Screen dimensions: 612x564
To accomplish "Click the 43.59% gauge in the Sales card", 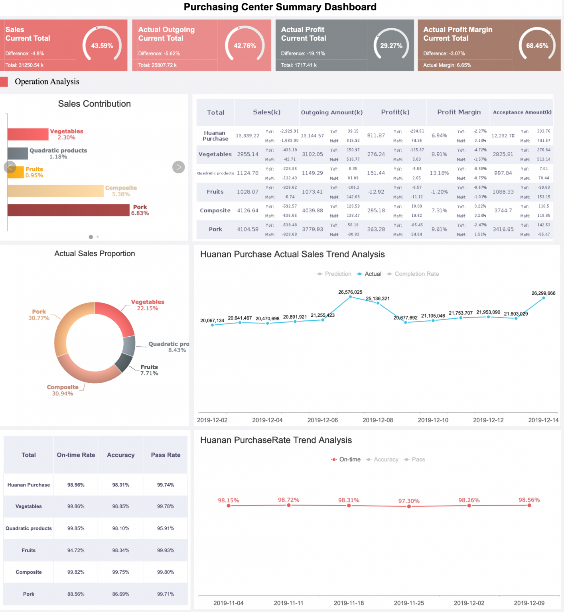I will coord(102,45).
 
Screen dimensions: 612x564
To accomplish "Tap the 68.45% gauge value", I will coord(537,45).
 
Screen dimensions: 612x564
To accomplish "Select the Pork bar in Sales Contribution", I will coord(68,210).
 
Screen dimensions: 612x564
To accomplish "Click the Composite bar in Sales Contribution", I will coord(55,191).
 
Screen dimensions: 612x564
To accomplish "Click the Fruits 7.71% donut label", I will coord(149,370).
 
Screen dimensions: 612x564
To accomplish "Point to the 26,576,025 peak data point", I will coord(350,297).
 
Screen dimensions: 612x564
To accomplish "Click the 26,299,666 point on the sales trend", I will coord(543,298).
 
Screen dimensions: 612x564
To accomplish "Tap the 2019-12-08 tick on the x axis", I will coord(378,420).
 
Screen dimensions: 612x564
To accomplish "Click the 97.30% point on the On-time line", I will coord(409,506).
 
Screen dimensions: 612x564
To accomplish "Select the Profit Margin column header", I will coord(459,112).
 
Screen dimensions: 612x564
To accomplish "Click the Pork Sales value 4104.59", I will coord(248,229).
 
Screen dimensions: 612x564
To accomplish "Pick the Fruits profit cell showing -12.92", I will coord(376,192).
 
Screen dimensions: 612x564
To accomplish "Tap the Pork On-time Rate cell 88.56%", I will coord(76,594).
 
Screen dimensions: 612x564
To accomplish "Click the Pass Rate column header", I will coord(166,455).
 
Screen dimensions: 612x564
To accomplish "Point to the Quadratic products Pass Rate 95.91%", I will coord(166,528).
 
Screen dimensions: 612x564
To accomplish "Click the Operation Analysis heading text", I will coord(47,82).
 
